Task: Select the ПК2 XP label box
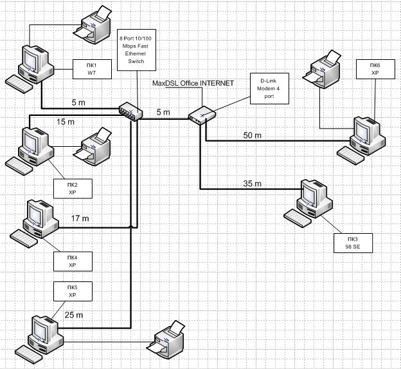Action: click(x=72, y=189)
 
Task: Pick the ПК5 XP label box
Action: click(x=72, y=290)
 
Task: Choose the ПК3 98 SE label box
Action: click(x=350, y=243)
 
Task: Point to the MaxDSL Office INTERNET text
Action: click(x=193, y=84)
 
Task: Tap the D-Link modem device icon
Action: click(x=200, y=115)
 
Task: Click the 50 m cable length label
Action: click(x=253, y=135)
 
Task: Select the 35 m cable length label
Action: click(x=253, y=184)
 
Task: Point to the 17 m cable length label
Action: click(x=80, y=219)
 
